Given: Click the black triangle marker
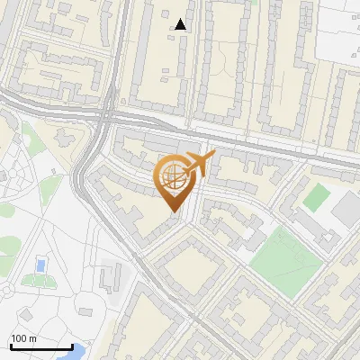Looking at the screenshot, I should pyautogui.click(x=181, y=24).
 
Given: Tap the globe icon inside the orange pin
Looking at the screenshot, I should pyautogui.click(x=173, y=177).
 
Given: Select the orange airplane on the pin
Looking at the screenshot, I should pyautogui.click(x=200, y=164).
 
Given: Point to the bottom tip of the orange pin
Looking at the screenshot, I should pyautogui.click(x=172, y=211).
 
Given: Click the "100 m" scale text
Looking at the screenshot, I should pyautogui.click(x=24, y=338).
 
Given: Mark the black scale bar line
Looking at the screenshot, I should pyautogui.click(x=40, y=346).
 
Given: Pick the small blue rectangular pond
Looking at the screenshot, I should pyautogui.click(x=40, y=265).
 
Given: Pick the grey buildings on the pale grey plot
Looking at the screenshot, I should pyautogui.click(x=112, y=274).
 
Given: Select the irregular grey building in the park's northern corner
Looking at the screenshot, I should pyautogui.click(x=66, y=137).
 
